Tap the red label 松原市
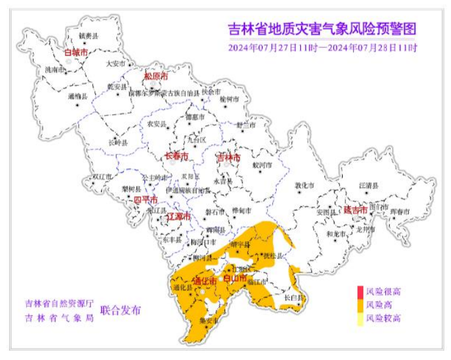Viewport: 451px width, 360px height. [156, 76]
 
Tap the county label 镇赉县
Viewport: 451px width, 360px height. [89, 37]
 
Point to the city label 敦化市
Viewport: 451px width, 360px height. [305, 186]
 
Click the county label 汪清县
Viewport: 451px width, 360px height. [368, 185]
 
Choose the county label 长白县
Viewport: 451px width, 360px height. [294, 296]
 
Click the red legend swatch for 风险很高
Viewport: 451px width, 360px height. [359, 292]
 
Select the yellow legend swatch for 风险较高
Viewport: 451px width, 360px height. [359, 318]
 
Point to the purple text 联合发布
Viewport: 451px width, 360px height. [120, 310]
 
